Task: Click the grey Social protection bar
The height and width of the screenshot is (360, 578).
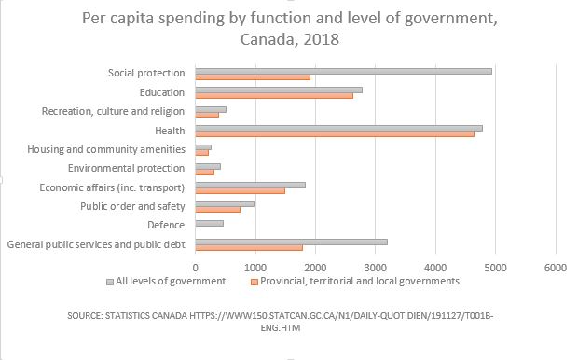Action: (342, 70)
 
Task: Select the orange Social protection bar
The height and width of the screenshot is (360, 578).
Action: (252, 76)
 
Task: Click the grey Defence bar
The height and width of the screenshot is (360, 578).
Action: (209, 224)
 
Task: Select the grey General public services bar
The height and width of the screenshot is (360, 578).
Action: (290, 242)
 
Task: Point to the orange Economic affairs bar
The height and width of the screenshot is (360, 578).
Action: (240, 190)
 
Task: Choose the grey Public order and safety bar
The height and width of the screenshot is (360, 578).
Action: (224, 203)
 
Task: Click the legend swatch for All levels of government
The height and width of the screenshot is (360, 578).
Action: (109, 281)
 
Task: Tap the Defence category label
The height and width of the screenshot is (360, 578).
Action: (166, 225)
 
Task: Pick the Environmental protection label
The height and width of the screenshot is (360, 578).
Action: (127, 168)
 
